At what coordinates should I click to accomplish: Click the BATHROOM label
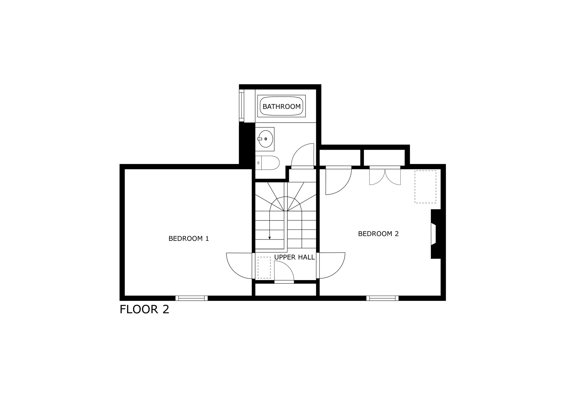pos(281,106)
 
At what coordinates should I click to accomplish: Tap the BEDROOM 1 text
pos(189,238)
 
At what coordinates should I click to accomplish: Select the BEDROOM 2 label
pos(378,234)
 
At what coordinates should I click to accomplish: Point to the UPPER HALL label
pos(294,257)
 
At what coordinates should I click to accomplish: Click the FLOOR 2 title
pos(144,309)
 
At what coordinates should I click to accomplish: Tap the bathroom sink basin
pos(266,139)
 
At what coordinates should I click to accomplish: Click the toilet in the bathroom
pos(267,163)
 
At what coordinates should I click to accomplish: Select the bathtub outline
pos(281,106)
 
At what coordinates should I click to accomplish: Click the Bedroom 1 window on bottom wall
pos(191,298)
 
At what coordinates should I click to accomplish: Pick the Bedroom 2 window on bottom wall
pos(382,298)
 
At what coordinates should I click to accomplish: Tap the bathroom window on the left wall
pos(241,105)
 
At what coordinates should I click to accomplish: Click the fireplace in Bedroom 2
pos(436,234)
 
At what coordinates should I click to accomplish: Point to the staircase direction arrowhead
pos(270,238)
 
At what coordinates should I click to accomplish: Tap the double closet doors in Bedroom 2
pos(385,177)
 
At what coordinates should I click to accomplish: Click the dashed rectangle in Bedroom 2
pos(425,187)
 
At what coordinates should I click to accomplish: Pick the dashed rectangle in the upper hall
pos(264,267)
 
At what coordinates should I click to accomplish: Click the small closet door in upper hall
pos(284,272)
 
